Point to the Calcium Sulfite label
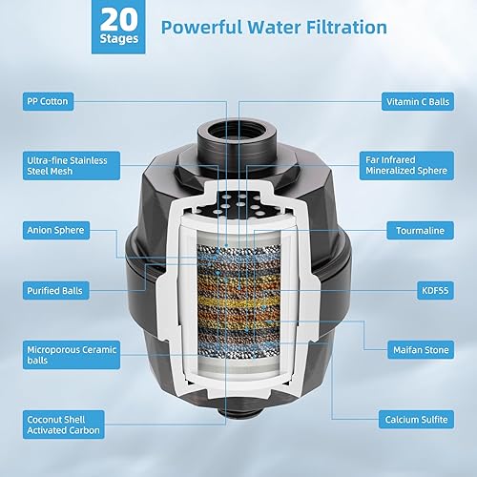click(x=420, y=416)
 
